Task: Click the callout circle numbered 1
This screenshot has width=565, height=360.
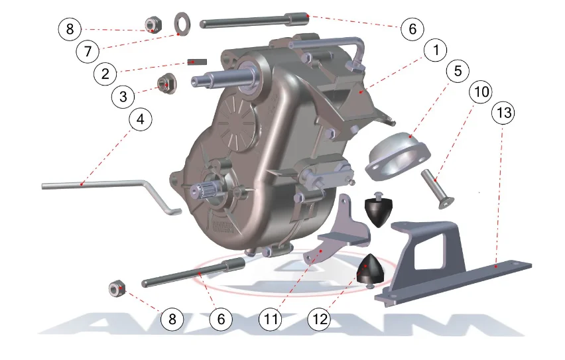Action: tap(436, 50)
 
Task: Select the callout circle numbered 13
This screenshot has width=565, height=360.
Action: tap(503, 113)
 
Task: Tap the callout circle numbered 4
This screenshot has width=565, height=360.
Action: tap(141, 119)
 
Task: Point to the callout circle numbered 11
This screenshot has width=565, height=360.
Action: tap(271, 319)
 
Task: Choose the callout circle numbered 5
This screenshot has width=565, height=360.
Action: tap(458, 71)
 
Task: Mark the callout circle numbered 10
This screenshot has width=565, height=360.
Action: tap(481, 92)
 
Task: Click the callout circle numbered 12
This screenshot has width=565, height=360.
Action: tap(320, 319)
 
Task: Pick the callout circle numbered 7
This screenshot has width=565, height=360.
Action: tap(88, 51)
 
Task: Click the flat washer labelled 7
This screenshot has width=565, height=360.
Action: tap(182, 22)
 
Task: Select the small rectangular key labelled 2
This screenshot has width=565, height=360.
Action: tap(197, 62)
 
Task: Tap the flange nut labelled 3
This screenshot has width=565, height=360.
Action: tap(167, 84)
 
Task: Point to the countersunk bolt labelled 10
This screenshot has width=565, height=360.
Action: tap(438, 189)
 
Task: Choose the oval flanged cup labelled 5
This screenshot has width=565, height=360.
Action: tap(398, 156)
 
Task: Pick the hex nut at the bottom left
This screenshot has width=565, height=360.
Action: tap(117, 288)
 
